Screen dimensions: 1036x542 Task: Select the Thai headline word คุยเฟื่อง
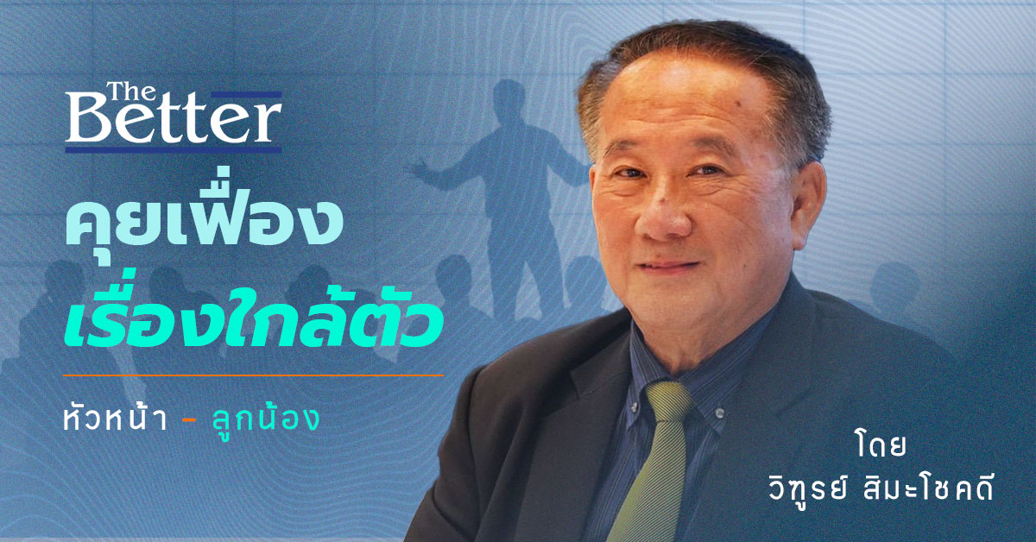204,222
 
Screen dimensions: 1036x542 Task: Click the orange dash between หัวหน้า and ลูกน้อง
190,422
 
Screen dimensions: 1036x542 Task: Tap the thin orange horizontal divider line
253,375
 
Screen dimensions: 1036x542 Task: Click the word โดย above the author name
881,444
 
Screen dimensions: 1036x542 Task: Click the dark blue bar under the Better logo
174,150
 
